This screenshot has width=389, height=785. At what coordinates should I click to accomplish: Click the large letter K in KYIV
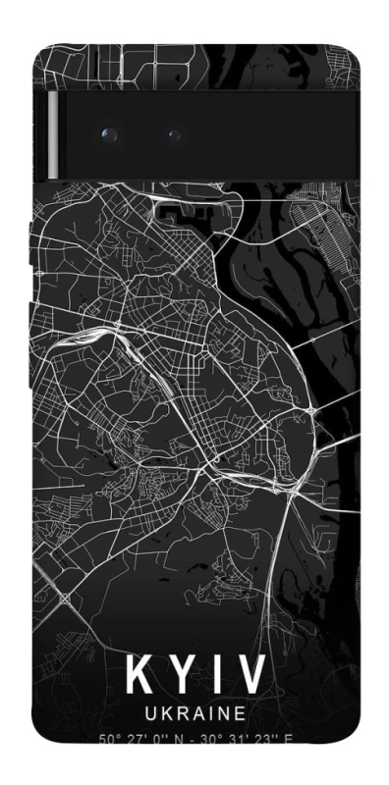[139, 676]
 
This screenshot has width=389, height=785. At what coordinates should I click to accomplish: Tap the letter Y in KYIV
[183, 676]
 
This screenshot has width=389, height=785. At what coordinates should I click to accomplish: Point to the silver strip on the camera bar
[52, 137]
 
